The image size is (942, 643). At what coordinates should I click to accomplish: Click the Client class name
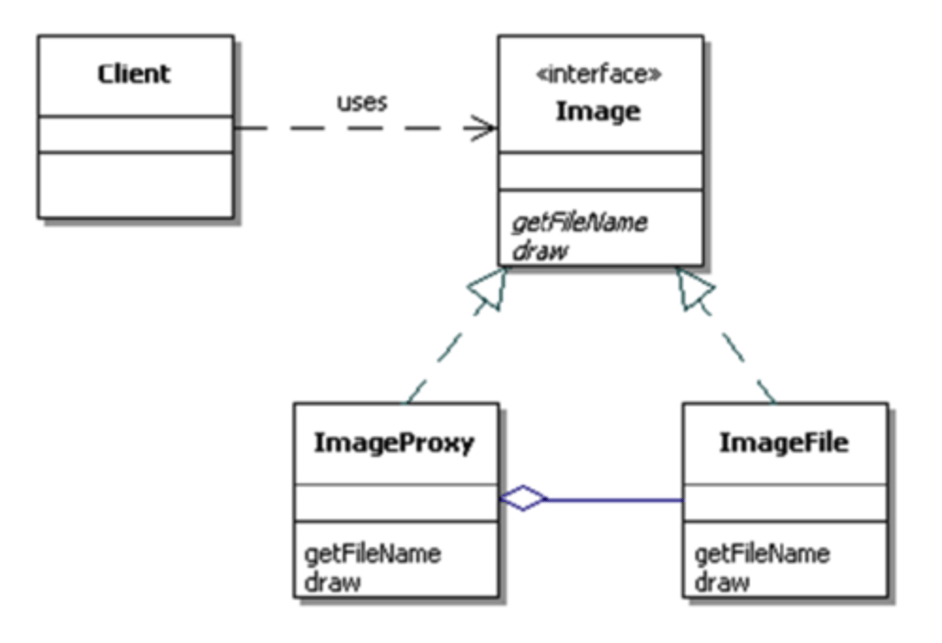click(134, 74)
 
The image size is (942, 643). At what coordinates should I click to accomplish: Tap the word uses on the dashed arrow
click(362, 103)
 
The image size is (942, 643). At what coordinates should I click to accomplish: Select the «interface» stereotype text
click(599, 74)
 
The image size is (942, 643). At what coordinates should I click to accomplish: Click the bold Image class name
click(598, 112)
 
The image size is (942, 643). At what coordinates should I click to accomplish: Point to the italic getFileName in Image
click(580, 223)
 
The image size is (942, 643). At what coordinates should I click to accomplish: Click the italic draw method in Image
click(540, 251)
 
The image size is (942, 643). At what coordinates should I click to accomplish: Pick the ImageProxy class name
click(394, 443)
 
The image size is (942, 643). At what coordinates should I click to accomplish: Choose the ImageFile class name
click(784, 443)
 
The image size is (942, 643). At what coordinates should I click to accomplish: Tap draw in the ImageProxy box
click(332, 582)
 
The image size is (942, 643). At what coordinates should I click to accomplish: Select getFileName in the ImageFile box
click(762, 554)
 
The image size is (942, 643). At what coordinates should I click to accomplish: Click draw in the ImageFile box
click(722, 582)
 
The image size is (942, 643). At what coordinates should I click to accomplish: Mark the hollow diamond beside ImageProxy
click(523, 499)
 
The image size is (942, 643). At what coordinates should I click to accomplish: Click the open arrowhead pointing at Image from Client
click(483, 128)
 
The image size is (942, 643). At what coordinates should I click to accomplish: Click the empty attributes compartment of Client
click(135, 134)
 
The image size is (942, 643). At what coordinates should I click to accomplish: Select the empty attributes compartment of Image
click(601, 171)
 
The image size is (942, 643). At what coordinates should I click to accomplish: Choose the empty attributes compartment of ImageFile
click(785, 503)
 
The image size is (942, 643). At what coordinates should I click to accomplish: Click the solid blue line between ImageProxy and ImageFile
click(615, 500)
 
